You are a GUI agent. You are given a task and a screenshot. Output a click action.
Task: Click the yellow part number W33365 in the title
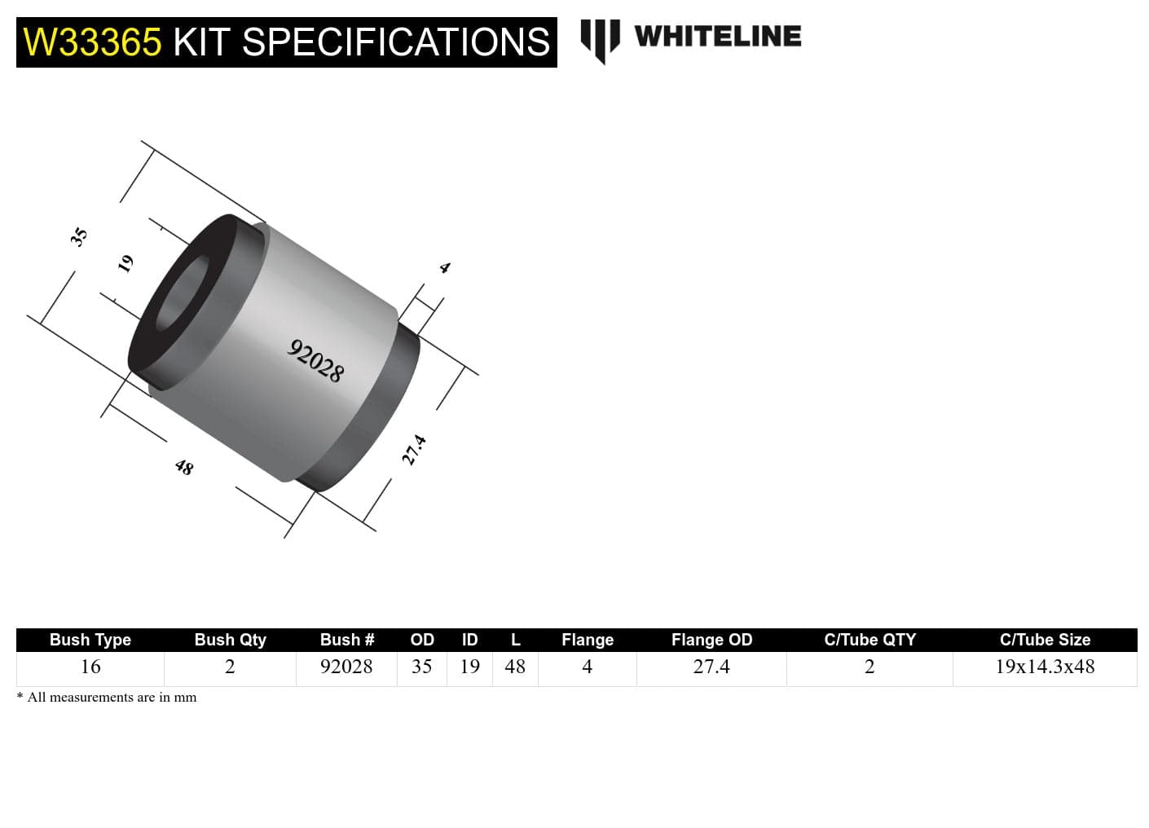[x=92, y=42]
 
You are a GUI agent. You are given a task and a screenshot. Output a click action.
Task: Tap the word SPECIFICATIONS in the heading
[x=396, y=42]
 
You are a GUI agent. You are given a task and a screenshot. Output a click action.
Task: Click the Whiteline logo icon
[x=600, y=39]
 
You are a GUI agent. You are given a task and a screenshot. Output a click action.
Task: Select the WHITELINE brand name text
[x=717, y=36]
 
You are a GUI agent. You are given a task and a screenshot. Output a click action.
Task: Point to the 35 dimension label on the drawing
[x=78, y=237]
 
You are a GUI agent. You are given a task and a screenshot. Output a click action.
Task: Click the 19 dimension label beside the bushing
[x=125, y=263]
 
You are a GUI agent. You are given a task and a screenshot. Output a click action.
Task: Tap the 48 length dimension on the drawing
[x=184, y=467]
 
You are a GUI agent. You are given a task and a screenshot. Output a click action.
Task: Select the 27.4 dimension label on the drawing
[x=414, y=450]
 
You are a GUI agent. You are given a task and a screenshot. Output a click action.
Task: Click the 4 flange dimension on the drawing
[x=444, y=267]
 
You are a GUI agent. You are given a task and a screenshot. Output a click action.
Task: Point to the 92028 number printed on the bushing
[x=316, y=361]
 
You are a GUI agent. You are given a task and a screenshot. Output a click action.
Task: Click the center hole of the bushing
[x=181, y=295]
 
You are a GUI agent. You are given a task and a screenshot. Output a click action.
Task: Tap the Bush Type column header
[x=90, y=640]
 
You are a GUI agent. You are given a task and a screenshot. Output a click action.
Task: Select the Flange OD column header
[x=711, y=640]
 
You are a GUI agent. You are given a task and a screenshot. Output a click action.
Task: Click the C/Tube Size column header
[x=1045, y=640]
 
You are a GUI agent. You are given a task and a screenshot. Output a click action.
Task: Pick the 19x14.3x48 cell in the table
[x=1045, y=667]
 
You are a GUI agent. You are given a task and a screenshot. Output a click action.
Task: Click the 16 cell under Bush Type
[x=90, y=667]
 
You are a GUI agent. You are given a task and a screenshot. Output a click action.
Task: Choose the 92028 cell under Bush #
[x=346, y=667]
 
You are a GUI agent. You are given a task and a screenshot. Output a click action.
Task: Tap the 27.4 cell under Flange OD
[x=711, y=667]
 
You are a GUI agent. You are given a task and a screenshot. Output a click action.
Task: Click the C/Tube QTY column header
[x=869, y=640]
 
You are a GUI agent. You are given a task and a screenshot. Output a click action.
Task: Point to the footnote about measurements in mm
[x=107, y=698]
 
